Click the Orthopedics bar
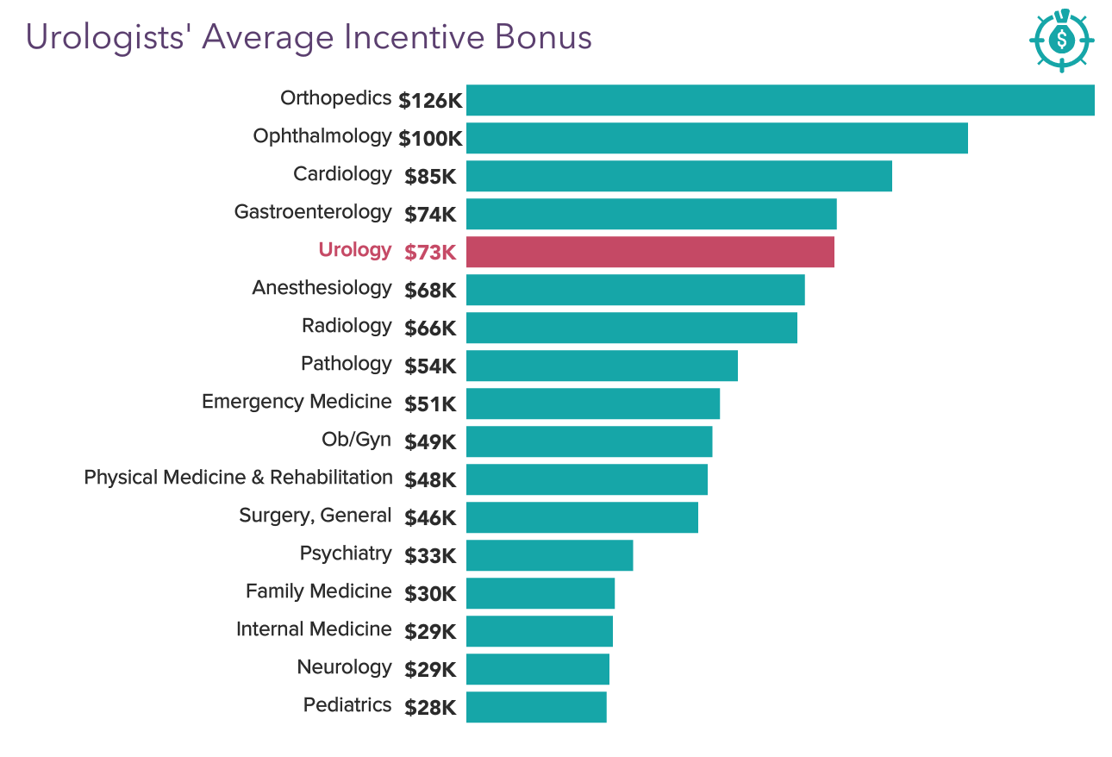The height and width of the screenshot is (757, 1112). [x=780, y=100]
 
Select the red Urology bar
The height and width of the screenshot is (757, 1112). [x=650, y=252]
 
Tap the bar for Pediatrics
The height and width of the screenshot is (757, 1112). [x=536, y=707]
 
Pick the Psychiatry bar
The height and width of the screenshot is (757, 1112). [x=549, y=555]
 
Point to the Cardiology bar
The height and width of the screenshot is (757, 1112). [x=678, y=176]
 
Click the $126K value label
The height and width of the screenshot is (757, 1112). [x=430, y=101]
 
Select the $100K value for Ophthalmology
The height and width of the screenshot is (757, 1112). [x=430, y=139]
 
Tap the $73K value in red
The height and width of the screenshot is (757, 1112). [x=430, y=253]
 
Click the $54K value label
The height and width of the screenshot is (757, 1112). [x=430, y=366]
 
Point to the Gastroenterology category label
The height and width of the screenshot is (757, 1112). [x=313, y=212]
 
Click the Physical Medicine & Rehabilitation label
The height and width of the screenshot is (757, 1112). [x=238, y=478]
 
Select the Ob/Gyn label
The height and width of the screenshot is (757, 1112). [x=356, y=440]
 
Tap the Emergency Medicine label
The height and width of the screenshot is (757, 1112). [x=297, y=402]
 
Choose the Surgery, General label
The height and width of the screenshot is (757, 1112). [x=315, y=516]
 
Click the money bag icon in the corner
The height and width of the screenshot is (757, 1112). [x=1062, y=40]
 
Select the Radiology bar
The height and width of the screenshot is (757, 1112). [x=631, y=328]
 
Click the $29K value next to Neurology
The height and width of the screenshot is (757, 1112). [x=430, y=670]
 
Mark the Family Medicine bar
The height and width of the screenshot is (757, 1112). [x=540, y=593]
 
